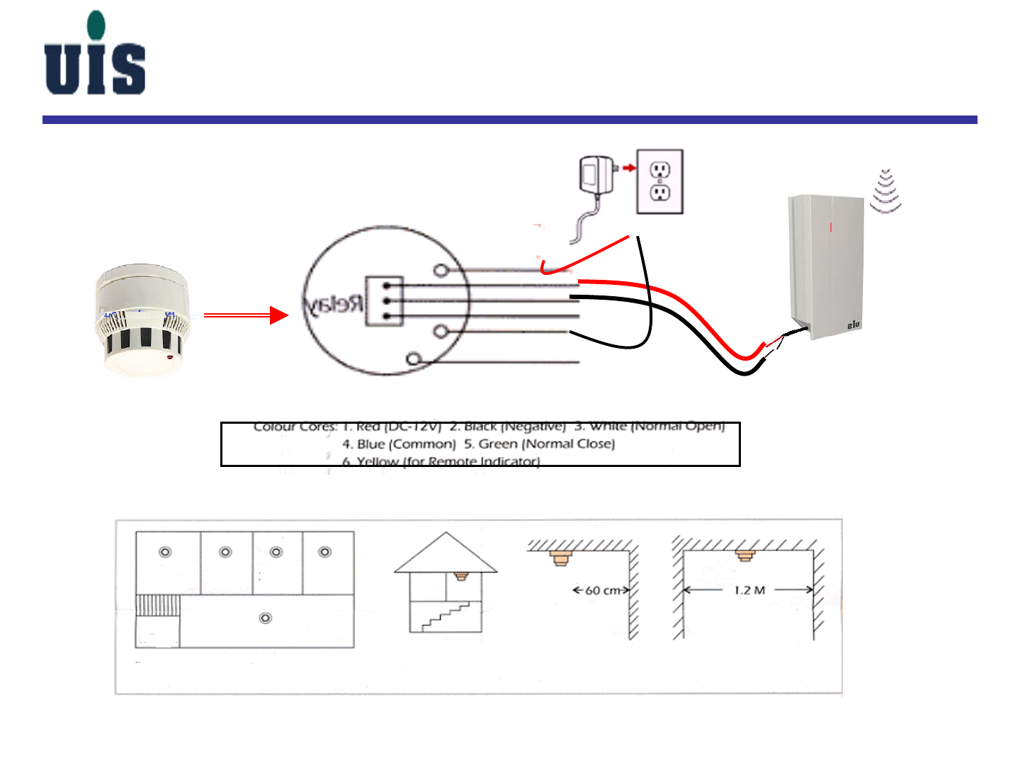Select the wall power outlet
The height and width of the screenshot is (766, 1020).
[x=659, y=181]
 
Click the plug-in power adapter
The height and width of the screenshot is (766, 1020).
[x=597, y=177]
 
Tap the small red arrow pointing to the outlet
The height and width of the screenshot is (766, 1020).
[x=628, y=168]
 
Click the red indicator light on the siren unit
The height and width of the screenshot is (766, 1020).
[x=831, y=227]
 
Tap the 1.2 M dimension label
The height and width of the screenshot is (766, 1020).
[x=749, y=590]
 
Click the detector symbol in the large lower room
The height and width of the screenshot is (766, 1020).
[x=266, y=618]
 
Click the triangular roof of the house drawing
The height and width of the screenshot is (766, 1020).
[x=446, y=553]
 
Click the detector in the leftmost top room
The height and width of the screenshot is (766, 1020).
[x=165, y=552]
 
